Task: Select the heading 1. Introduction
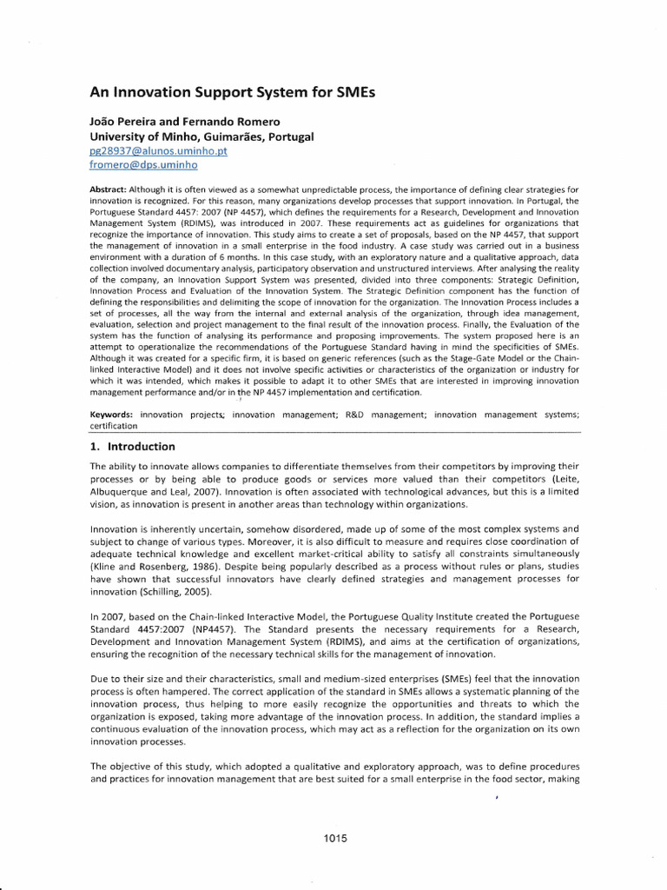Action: [133, 447]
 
